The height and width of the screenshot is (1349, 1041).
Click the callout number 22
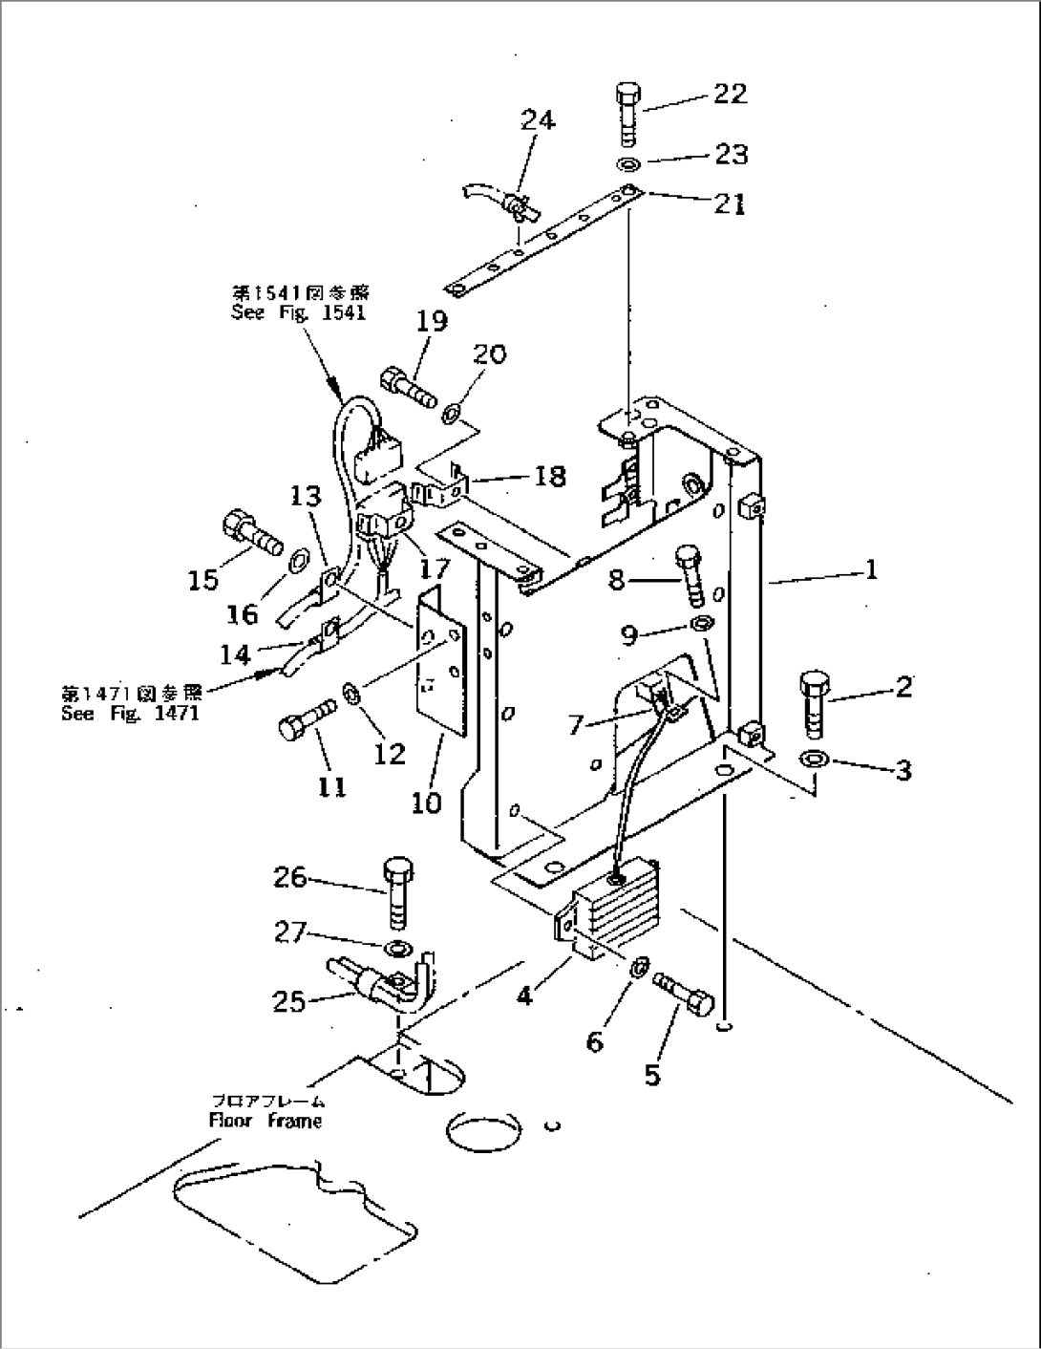coord(730,94)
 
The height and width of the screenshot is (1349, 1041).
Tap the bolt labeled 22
coord(628,112)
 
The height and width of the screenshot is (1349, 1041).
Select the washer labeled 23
coord(628,163)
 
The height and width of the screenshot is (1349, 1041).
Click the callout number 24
coord(538,120)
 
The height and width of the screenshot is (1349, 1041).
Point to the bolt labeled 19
coord(409,386)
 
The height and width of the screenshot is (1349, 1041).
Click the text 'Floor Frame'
coord(266,1121)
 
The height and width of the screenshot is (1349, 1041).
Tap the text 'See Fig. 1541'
coord(298,312)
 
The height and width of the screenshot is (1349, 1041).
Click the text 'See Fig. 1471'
coord(130,713)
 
